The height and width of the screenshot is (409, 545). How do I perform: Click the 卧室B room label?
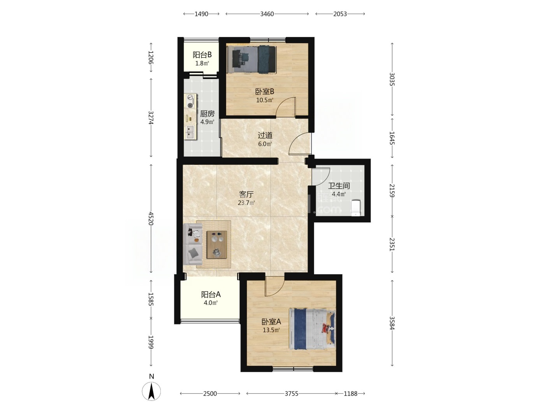[265, 92]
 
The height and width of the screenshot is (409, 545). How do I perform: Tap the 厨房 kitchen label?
[207, 114]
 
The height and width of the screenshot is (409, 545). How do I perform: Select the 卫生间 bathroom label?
[339, 186]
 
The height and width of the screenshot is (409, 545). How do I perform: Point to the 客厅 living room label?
[246, 194]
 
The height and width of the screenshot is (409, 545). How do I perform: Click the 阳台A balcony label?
[211, 294]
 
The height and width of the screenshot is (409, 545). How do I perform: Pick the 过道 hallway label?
[265, 135]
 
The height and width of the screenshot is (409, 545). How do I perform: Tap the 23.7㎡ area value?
[246, 203]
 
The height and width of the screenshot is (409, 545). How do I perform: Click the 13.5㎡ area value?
[271, 330]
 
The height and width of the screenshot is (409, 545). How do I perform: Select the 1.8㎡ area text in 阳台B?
[202, 63]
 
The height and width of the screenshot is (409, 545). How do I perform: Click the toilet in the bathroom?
[356, 208]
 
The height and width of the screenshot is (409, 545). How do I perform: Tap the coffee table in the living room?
[217, 245]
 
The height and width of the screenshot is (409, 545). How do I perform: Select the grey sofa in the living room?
[193, 244]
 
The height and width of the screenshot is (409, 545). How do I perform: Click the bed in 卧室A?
[312, 329]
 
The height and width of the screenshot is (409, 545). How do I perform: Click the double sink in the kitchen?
[190, 132]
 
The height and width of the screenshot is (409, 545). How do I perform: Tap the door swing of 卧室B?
[285, 107]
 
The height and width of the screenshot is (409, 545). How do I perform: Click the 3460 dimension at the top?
[267, 14]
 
